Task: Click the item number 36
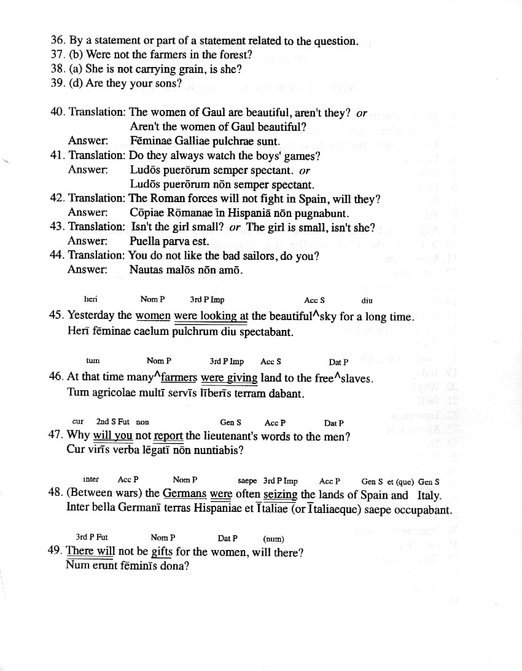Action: click(x=58, y=41)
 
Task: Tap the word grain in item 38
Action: click(x=190, y=69)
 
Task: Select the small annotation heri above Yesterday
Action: click(x=91, y=300)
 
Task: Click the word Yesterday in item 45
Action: click(x=91, y=316)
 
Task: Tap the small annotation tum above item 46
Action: click(x=93, y=361)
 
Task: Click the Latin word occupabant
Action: click(x=423, y=510)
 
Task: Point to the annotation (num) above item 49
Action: click(x=273, y=539)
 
